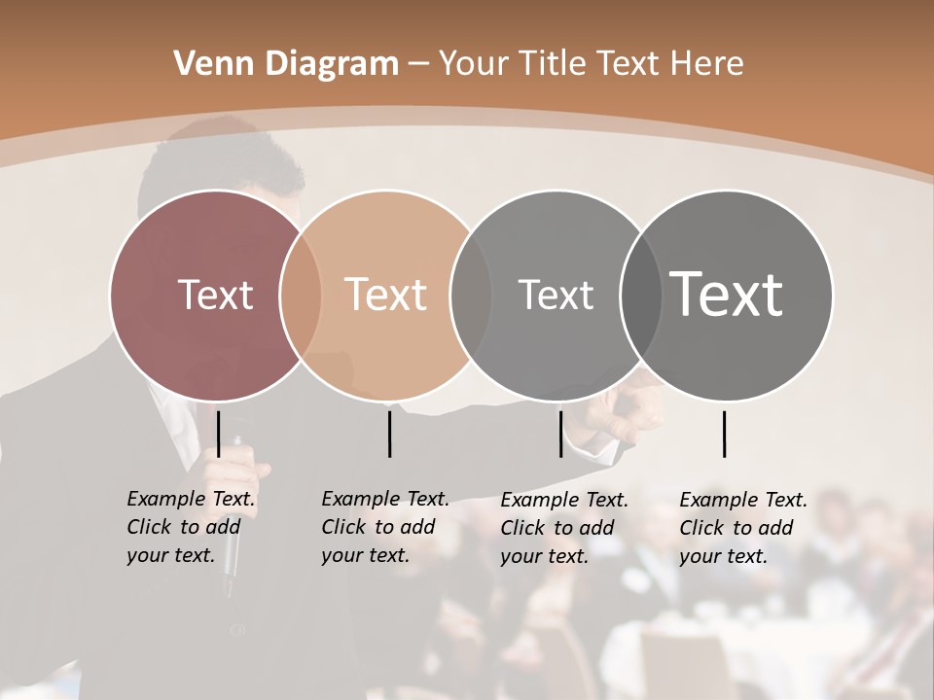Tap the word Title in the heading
tap(552, 64)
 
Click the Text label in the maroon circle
tap(215, 295)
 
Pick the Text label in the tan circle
tap(385, 295)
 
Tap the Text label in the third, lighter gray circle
tap(556, 295)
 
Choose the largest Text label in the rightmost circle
tap(726, 295)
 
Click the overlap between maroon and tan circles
tap(301, 295)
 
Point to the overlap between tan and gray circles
tap(471, 295)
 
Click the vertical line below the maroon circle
tap(219, 434)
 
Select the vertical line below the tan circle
tap(389, 434)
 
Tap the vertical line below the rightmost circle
tap(725, 434)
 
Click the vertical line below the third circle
tap(560, 434)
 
